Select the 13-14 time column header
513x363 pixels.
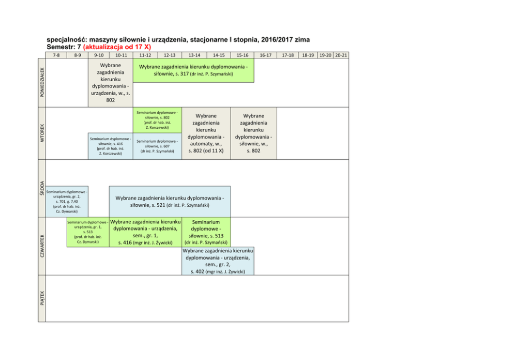point(194,55)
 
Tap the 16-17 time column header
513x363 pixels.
point(266,55)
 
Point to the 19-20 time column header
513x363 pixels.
point(326,55)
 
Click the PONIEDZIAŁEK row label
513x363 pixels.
point(42,81)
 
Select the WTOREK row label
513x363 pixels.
point(42,132)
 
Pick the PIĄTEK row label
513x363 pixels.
point(42,298)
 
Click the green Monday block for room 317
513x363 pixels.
point(193,70)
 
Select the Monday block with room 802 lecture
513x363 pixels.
point(110,82)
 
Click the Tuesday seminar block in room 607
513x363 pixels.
point(157,146)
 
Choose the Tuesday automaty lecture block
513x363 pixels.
point(205,133)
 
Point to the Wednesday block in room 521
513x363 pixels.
point(170,201)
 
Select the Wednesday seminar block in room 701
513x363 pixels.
point(66,201)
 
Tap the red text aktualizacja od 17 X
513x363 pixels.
point(117,47)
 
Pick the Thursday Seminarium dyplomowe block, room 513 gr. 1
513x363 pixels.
point(87,232)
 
